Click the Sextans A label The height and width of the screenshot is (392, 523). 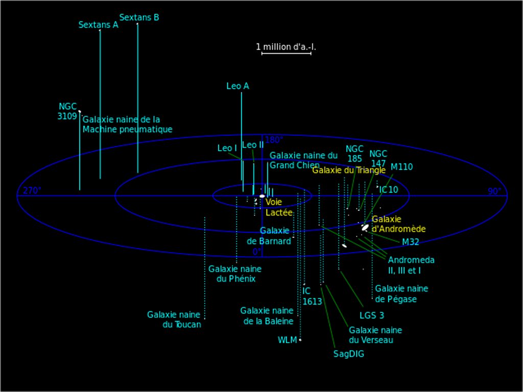[98, 25]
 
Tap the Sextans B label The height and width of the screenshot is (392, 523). [139, 17]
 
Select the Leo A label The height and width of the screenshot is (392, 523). [237, 86]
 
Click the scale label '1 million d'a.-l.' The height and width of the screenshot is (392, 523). [286, 47]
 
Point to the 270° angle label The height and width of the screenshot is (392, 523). [32, 191]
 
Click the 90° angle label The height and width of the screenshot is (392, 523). [494, 191]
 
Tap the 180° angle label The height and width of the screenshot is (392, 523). [274, 140]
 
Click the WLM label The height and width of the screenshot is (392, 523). [287, 340]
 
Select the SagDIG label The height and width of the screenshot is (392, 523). [349, 353]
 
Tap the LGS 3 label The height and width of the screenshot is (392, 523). [371, 315]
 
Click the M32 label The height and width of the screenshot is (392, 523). [410, 242]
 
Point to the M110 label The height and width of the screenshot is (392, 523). [401, 167]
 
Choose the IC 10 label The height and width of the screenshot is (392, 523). [388, 190]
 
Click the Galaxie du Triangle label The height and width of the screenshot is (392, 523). [349, 170]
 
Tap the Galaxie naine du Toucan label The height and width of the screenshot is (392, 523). [174, 320]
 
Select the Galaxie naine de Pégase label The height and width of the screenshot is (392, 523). [401, 294]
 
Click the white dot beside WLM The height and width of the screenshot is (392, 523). [300, 339]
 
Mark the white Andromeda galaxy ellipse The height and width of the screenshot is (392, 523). [365, 228]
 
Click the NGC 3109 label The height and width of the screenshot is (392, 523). [67, 111]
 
